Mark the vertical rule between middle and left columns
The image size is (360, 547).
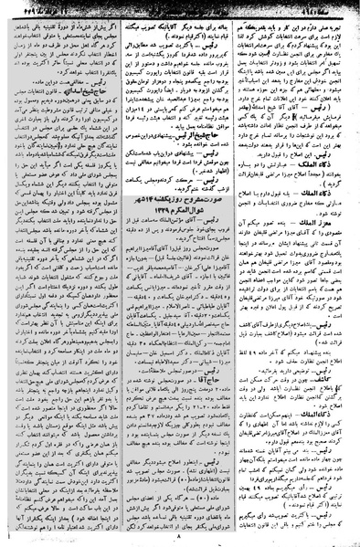pyautogui.click(x=122, y=274)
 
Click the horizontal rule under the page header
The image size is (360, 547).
pyautogui.click(x=180, y=14)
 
